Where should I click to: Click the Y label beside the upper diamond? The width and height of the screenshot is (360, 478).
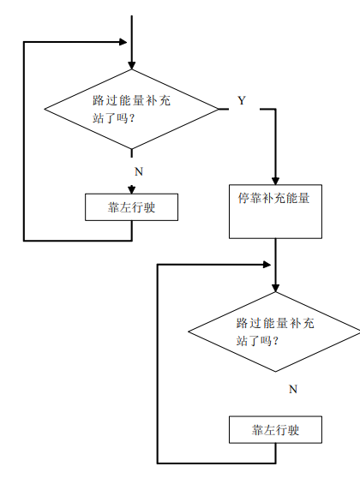coord(242,100)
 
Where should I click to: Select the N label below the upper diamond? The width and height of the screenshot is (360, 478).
coord(139,171)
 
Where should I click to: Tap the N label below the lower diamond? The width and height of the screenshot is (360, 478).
coord(293,389)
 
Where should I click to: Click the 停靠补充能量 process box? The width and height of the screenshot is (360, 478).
coord(275,212)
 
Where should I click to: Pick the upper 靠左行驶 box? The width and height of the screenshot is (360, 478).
coord(131,207)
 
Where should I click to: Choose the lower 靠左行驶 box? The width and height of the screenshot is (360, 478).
coord(275,429)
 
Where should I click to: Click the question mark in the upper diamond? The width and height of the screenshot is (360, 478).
coord(132,118)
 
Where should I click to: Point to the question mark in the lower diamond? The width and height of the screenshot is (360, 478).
coord(275,341)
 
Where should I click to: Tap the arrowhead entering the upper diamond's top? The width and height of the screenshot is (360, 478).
coord(132,66)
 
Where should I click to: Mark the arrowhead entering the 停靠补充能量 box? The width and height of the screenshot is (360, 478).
coord(275,181)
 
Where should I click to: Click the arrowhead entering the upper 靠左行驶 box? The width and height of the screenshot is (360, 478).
coord(131,190)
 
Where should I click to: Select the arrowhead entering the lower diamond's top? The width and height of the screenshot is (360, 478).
coord(275,288)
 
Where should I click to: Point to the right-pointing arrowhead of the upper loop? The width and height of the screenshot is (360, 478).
coord(123,42)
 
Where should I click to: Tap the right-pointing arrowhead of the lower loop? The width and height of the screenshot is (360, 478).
coord(267,265)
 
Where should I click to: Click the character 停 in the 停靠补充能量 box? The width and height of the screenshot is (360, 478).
coord(243,198)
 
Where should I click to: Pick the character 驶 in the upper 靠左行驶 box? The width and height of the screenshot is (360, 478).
coord(149,207)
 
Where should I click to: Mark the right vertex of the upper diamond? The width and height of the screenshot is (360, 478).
coord(219,109)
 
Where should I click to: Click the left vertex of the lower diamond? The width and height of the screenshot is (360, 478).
coord(189,332)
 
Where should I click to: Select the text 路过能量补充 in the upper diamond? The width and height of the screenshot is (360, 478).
coord(131,100)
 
